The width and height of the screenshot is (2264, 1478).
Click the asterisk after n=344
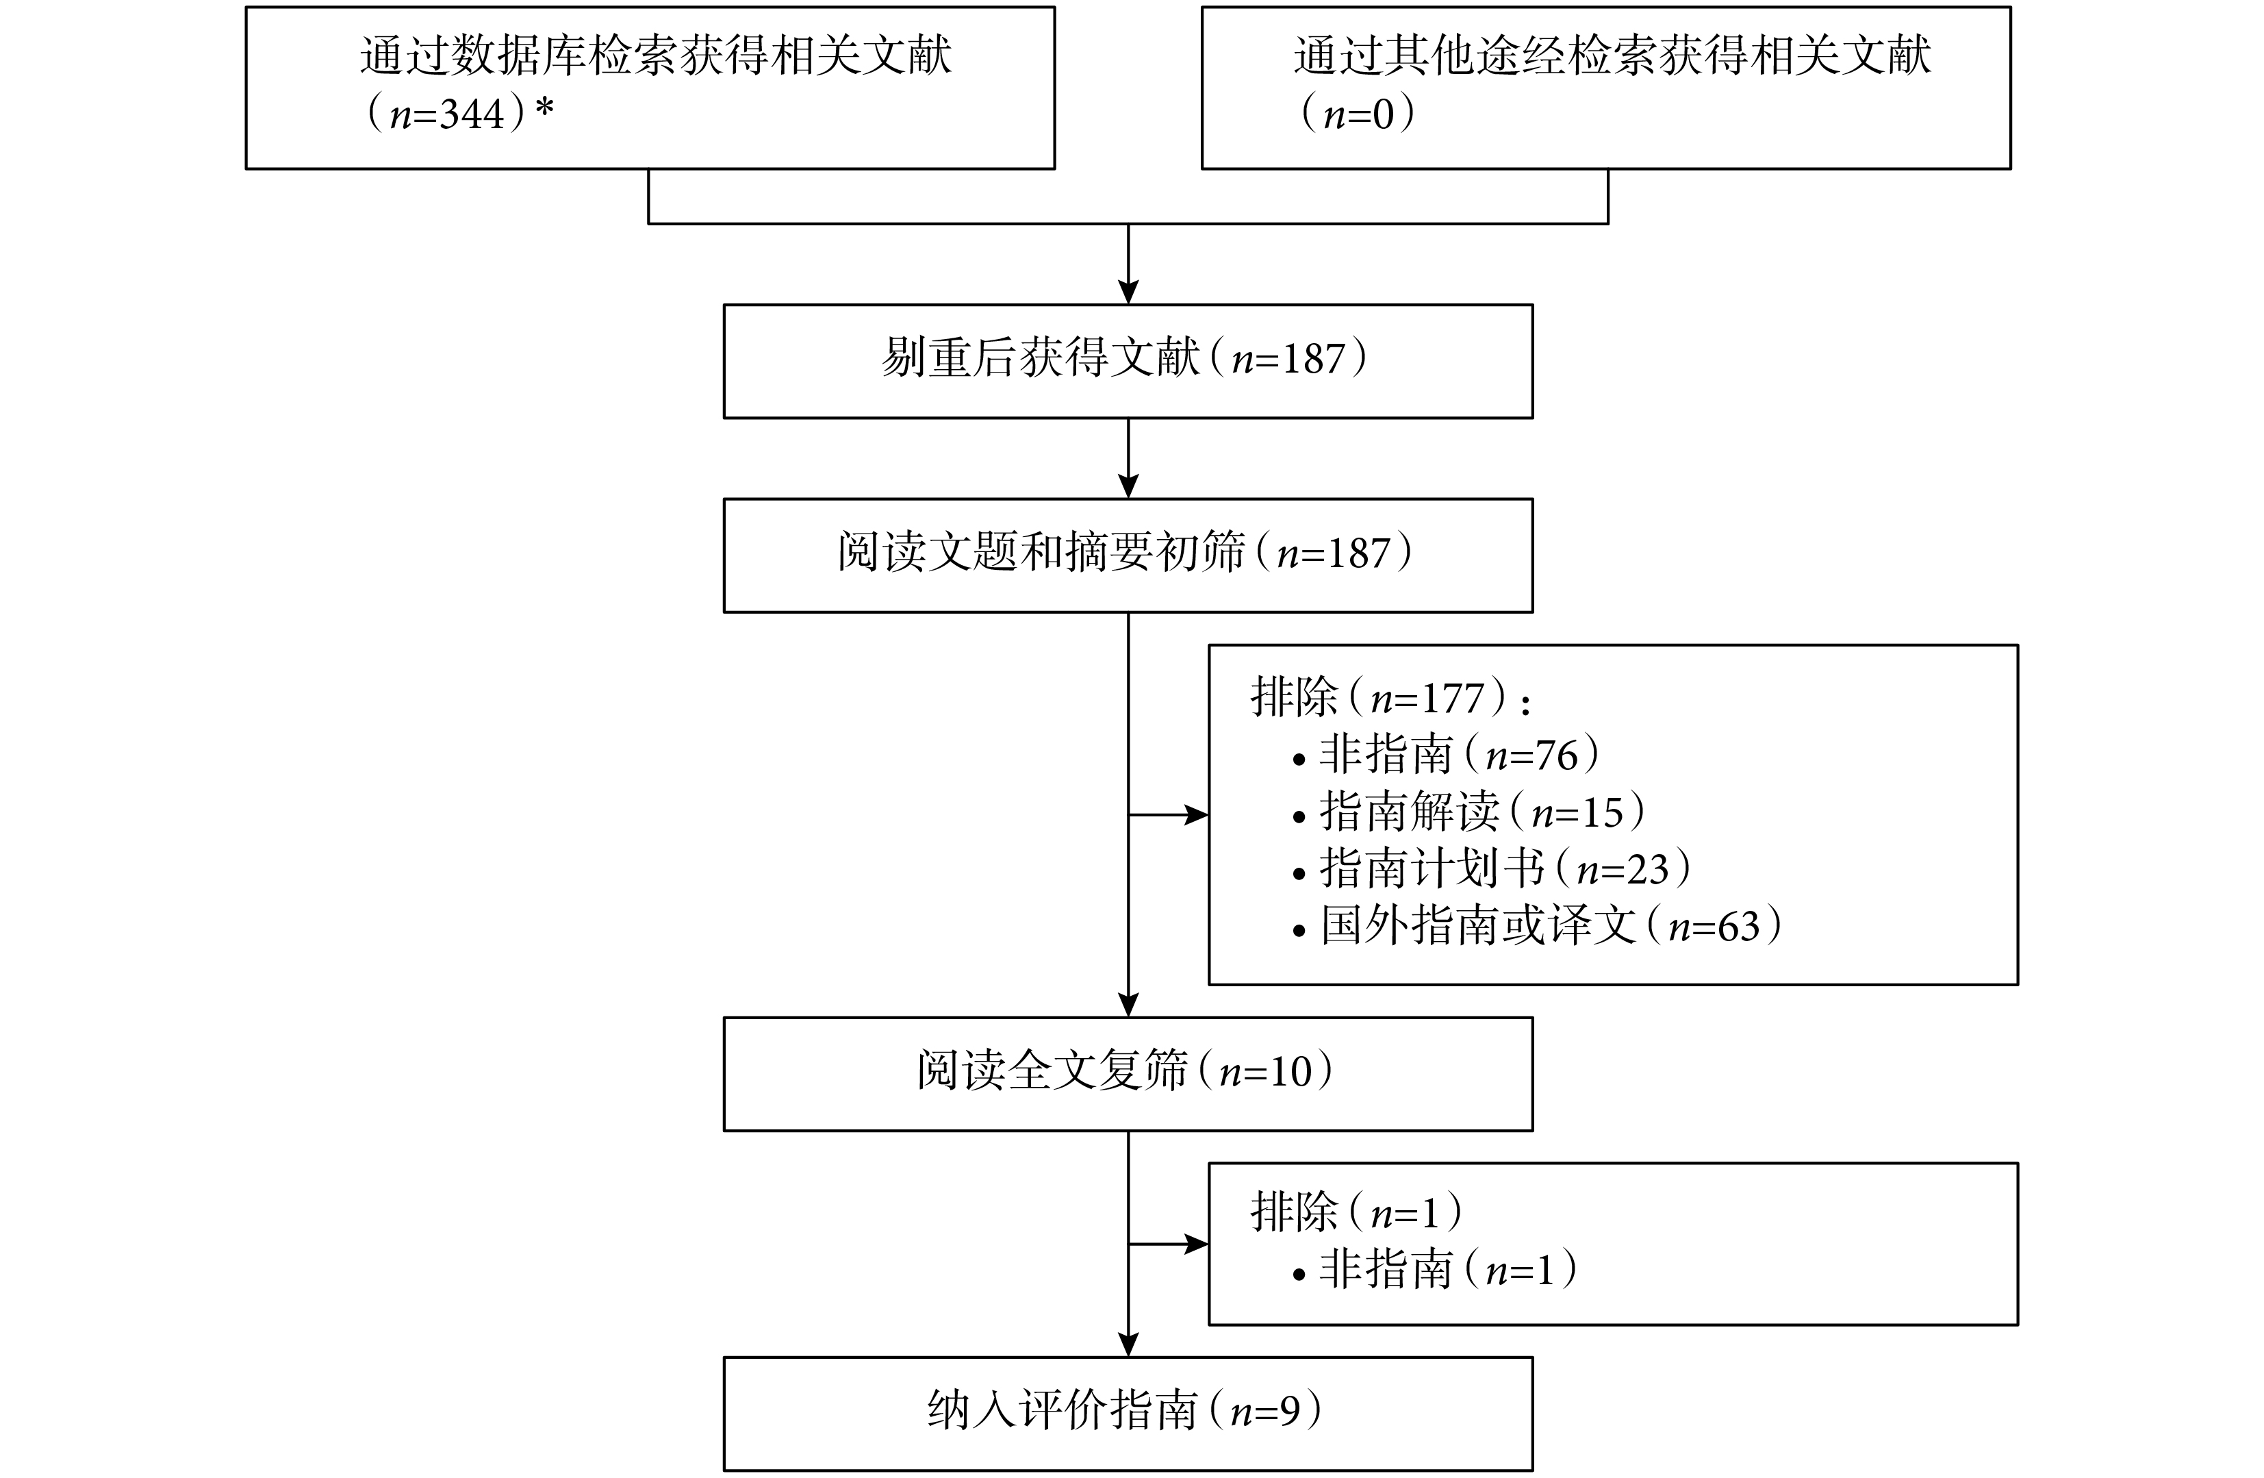tap(544, 107)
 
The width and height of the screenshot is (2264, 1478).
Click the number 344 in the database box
tap(472, 115)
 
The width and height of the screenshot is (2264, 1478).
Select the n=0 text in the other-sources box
tap(1358, 114)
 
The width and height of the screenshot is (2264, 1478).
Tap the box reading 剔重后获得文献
tap(1128, 362)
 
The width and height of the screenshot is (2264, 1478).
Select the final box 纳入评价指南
tap(1128, 1414)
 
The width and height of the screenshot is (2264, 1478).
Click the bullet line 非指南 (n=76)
tap(1446, 755)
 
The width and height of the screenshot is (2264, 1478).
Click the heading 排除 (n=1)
tap(1356, 1212)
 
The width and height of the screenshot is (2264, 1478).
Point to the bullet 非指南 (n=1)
tap(1434, 1270)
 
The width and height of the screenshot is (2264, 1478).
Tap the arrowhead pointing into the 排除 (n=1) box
tap(1196, 1244)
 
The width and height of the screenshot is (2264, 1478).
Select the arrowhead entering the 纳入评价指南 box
tap(1128, 1344)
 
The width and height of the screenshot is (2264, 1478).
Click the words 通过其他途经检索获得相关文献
tap(1612, 55)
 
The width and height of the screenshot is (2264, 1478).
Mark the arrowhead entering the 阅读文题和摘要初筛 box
tap(1128, 486)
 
